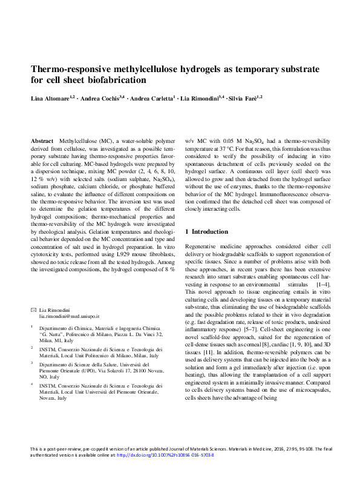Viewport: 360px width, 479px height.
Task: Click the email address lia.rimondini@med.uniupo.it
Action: point(69,317)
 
